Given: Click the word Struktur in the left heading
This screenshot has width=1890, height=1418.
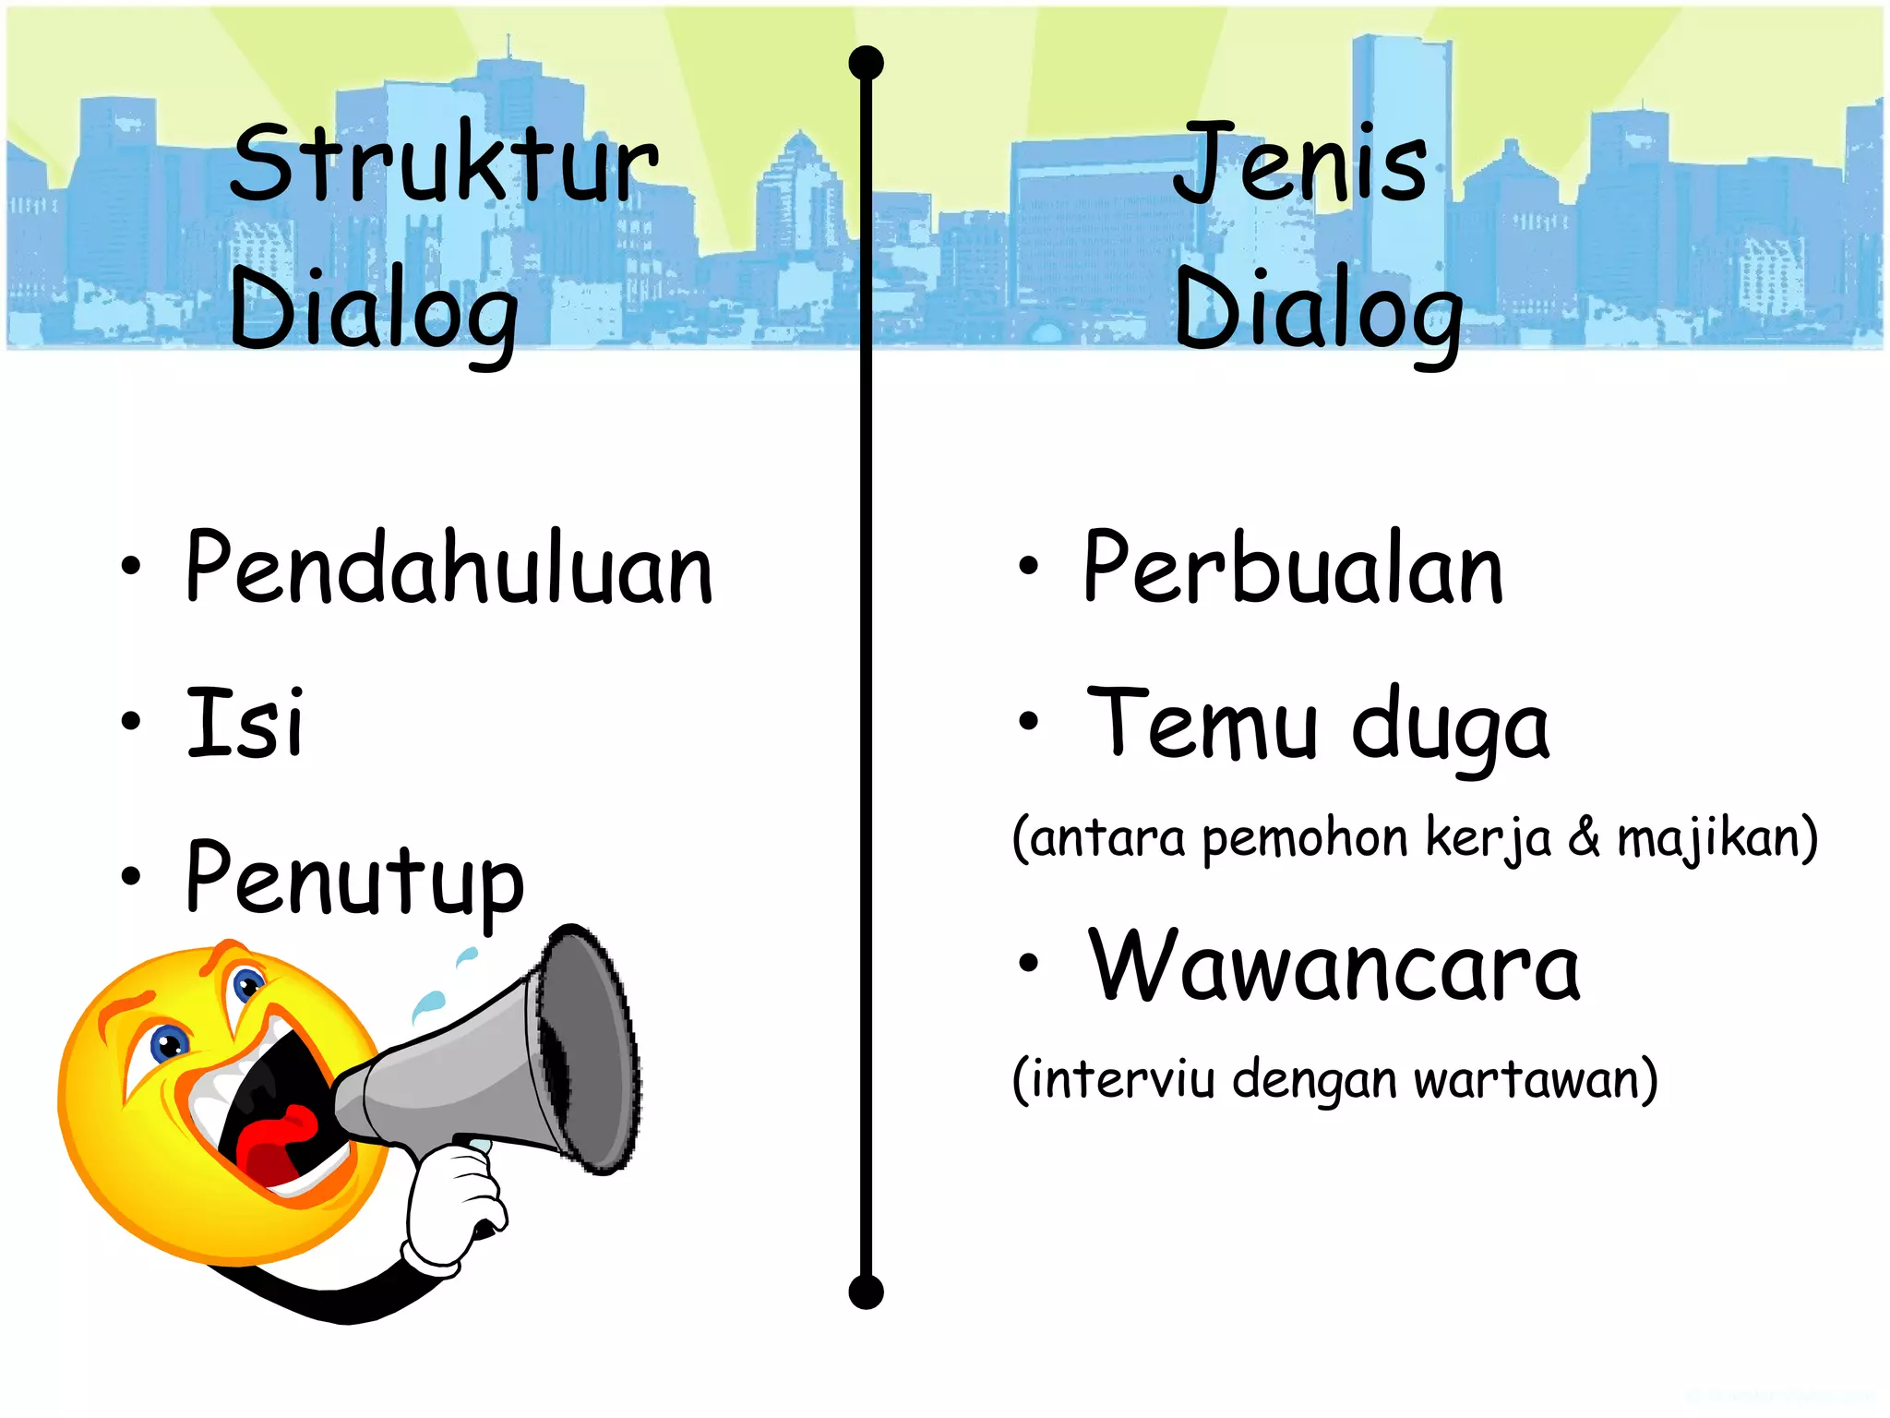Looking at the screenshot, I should pos(444,164).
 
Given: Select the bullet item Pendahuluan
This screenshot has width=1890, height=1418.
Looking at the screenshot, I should pos(449,567).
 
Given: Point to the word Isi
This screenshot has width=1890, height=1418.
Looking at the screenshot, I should pos(245,722).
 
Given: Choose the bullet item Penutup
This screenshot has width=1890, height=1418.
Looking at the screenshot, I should pos(354,879).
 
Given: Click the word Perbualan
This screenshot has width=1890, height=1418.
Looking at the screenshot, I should pos(1293,567).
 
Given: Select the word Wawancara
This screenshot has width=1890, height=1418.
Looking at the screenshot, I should pos(1334,966).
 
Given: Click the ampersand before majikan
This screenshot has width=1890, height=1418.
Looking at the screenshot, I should pos(1584,836).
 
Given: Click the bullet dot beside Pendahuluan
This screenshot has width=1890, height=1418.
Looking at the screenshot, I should pos(131,567).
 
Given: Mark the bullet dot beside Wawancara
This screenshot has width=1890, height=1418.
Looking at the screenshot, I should pos(1028,964).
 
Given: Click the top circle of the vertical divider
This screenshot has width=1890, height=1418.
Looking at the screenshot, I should pos(866,63).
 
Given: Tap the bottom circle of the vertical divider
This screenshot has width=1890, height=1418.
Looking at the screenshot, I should pos(866,1292).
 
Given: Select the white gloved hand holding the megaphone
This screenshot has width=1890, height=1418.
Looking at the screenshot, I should pos(454,1205).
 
